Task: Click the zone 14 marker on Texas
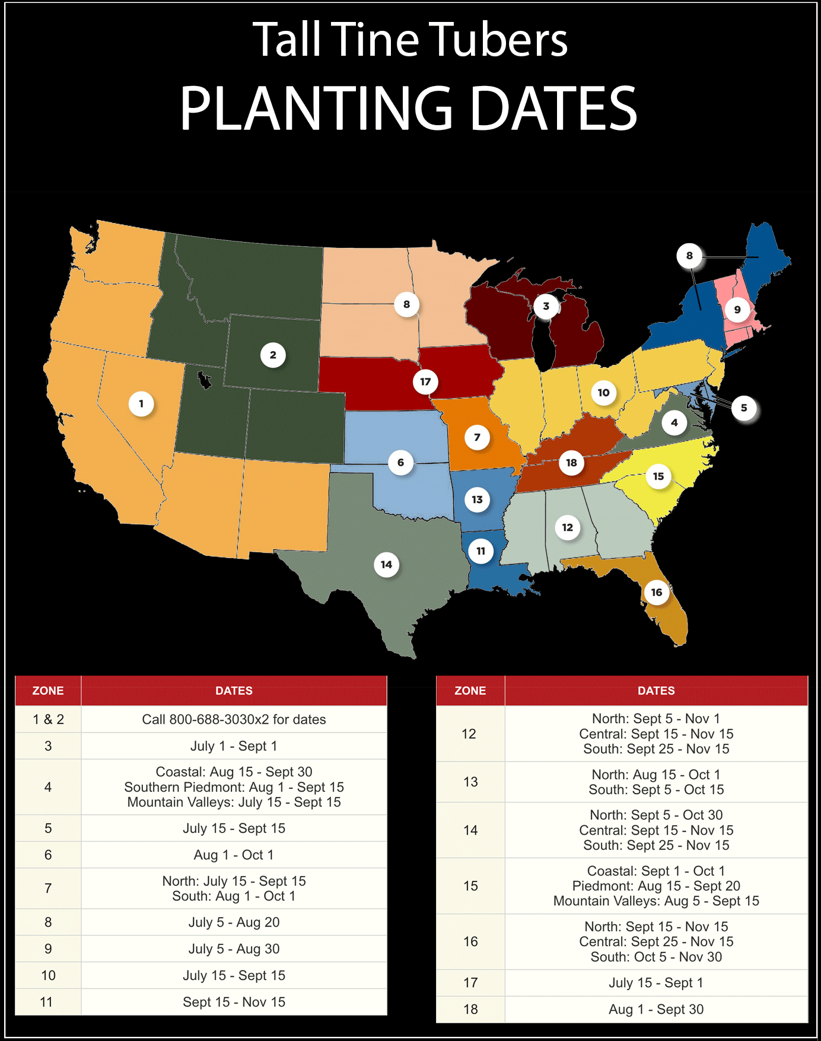386,565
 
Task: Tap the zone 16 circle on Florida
657,592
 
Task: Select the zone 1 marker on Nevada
141,404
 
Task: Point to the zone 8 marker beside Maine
689,256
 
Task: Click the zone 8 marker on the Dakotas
406,304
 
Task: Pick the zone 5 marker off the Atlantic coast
744,408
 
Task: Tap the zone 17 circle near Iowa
425,381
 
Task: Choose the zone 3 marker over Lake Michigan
546,306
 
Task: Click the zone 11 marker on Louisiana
480,551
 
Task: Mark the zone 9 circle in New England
737,310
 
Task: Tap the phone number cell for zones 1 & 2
234,720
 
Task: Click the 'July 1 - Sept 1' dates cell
234,746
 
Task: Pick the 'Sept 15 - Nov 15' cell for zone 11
234,1002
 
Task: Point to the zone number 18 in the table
470,1010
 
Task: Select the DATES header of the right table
656,690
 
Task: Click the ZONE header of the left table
48,690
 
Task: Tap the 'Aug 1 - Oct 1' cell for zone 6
234,855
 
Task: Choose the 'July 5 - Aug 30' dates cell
234,949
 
